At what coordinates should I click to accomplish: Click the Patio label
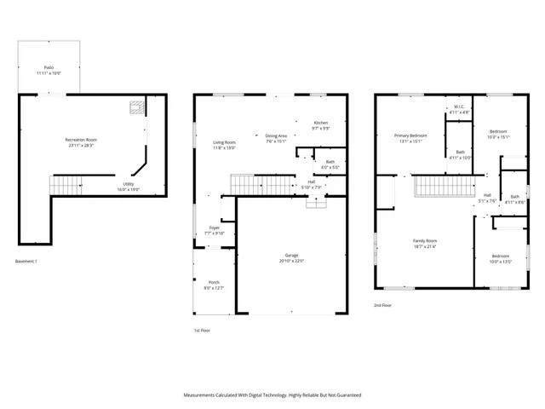click(x=49, y=70)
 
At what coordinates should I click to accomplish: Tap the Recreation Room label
click(x=82, y=141)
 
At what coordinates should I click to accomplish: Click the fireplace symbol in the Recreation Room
click(x=134, y=108)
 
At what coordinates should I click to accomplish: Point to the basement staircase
click(x=66, y=184)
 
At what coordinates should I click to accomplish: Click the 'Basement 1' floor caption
click(x=26, y=261)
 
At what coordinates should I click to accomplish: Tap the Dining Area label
click(x=276, y=138)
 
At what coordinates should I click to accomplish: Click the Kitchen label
click(x=321, y=125)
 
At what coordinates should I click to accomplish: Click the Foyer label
click(x=215, y=230)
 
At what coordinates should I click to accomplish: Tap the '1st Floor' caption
click(x=202, y=330)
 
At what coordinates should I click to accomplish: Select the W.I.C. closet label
click(x=459, y=109)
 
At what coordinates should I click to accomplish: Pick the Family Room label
click(x=425, y=244)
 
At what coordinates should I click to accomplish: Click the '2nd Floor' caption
click(x=382, y=304)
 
